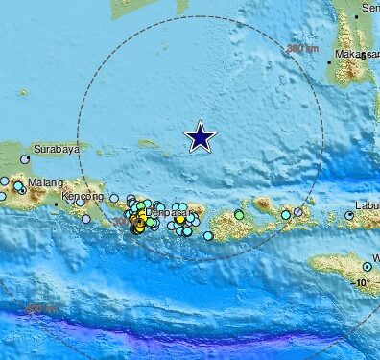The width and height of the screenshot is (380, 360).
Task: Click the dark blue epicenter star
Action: (200, 136)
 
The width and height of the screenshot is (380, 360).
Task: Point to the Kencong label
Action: (83, 197)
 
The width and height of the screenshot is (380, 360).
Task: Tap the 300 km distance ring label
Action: (302, 47)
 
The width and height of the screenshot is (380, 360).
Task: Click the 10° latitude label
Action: (361, 283)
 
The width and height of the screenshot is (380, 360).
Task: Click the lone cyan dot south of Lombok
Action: (207, 235)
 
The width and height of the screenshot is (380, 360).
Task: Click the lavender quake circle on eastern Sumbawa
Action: (285, 215)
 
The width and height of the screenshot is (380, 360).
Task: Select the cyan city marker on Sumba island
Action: (367, 266)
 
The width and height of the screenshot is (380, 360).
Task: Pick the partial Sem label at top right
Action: (369, 7)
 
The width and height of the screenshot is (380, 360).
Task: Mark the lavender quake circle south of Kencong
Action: (85, 219)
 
